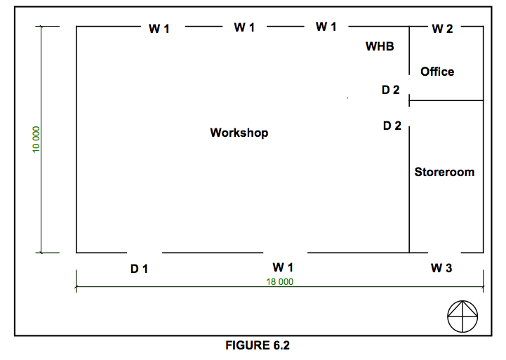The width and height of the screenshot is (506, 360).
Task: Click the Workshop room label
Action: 239,133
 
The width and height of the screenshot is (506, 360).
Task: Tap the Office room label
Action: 437,72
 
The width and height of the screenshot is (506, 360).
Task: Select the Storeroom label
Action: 444,172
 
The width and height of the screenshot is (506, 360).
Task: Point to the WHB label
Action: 380,46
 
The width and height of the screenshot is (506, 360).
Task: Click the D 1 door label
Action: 139,269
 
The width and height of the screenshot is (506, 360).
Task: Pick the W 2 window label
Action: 442,29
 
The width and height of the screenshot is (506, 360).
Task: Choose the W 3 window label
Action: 441,268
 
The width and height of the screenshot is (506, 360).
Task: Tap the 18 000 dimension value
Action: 280,281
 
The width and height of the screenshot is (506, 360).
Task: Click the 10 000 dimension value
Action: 36,140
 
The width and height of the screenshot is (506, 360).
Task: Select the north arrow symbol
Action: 462,316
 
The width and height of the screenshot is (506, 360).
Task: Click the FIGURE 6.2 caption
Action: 258,345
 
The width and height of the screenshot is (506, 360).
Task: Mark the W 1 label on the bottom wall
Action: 283,267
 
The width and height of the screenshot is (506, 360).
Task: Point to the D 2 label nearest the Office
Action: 390,90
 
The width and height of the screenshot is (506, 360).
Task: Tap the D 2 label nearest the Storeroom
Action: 392,126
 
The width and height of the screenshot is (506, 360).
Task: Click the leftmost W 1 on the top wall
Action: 159,29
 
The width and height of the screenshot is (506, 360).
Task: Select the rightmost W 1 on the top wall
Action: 326,27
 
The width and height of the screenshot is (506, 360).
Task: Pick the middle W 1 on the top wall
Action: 244,27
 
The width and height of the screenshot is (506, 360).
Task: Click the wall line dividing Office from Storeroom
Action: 446,100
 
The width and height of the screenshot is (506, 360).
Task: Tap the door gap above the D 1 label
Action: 145,253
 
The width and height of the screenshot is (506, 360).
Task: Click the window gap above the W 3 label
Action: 444,253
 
